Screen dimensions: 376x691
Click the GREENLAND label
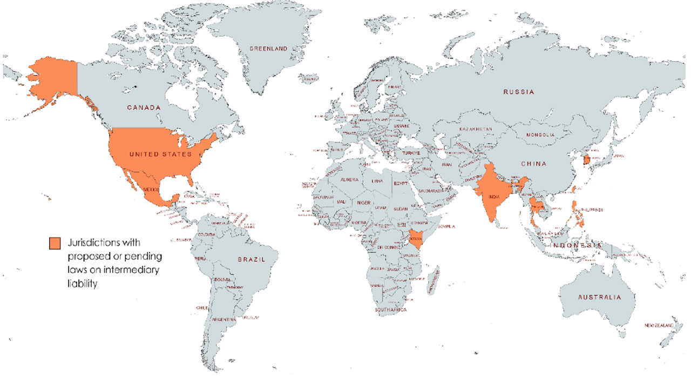point(268,49)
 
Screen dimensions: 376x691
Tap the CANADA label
point(144,108)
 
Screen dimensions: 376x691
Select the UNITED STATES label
point(160,155)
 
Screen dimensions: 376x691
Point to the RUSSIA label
point(519,92)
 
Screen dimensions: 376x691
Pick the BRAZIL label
point(252,260)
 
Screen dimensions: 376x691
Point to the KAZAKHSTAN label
point(476,130)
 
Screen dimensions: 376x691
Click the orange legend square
point(54,243)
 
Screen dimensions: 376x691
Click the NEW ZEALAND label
point(659,326)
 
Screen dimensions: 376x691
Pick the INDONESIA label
point(575,246)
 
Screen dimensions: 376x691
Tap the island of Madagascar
point(432,284)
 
